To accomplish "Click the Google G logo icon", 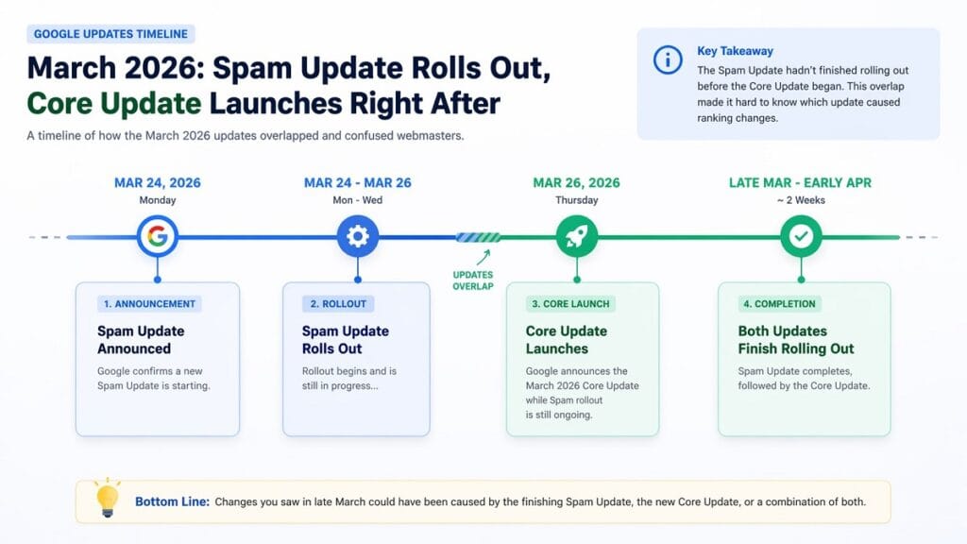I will click(x=158, y=236).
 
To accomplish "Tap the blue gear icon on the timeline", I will click(x=357, y=236).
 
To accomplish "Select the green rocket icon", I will click(x=577, y=236).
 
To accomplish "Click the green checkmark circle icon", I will click(x=801, y=236).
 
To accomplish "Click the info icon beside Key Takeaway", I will click(x=668, y=59).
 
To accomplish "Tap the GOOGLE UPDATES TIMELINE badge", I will click(x=110, y=34).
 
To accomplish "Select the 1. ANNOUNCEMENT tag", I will click(x=149, y=304).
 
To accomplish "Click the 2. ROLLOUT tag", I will click(x=338, y=304).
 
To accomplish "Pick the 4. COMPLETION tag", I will click(x=779, y=304).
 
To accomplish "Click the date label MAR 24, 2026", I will click(x=158, y=183).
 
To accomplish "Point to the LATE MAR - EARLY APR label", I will click(x=801, y=183).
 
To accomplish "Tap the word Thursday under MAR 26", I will click(x=577, y=200).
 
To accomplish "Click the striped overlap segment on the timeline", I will click(x=478, y=237).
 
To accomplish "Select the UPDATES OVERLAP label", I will click(x=473, y=280).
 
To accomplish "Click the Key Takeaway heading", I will click(x=734, y=51).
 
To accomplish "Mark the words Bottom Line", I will click(x=172, y=501).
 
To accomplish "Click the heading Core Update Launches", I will click(x=567, y=340).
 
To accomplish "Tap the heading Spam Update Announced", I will click(x=141, y=340).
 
